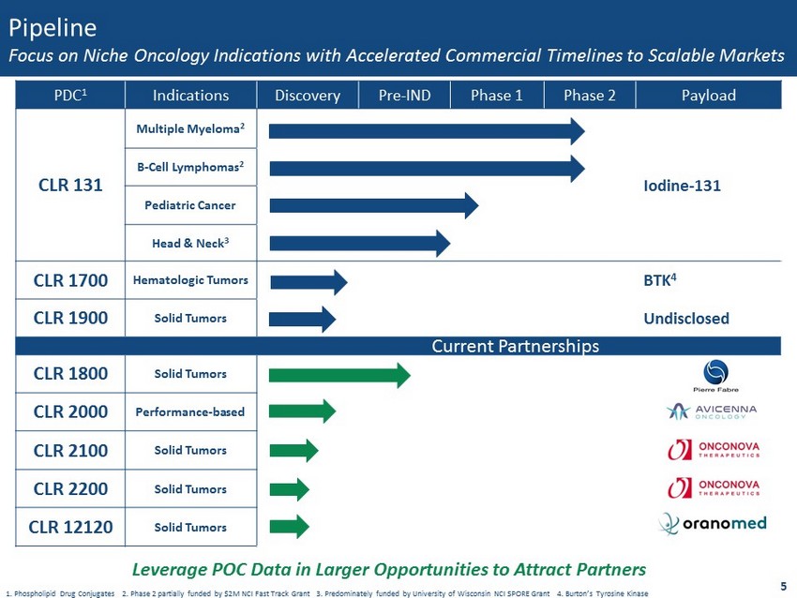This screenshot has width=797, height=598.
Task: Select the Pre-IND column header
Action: (x=404, y=96)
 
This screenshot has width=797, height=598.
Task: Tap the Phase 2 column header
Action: (x=588, y=96)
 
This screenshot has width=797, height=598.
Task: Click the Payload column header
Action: (x=709, y=96)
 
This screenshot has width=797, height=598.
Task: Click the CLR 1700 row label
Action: (x=70, y=280)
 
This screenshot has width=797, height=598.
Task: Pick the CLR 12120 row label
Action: (x=70, y=526)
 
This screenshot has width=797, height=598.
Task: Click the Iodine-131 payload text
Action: (x=682, y=186)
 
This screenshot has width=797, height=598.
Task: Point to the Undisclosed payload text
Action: (x=686, y=319)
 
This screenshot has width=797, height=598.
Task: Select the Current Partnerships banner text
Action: (x=515, y=347)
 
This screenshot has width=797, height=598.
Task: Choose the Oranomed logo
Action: (x=713, y=523)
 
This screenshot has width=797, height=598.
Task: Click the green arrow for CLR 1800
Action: (x=338, y=375)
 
